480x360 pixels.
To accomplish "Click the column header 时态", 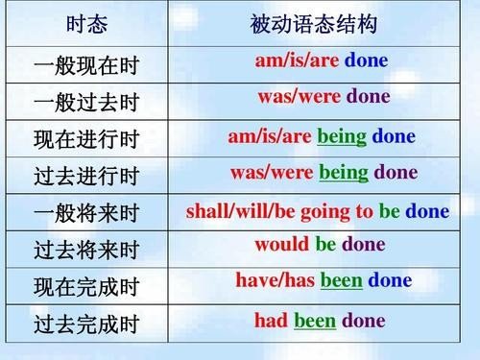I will [x=85, y=22].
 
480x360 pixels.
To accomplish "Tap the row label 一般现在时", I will [x=86, y=66].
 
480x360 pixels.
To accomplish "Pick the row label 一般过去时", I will [x=86, y=103].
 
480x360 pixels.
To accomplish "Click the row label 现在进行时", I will [x=86, y=140].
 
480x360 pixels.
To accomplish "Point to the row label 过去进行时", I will [x=86, y=177].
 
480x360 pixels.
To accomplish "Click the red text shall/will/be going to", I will [x=279, y=209].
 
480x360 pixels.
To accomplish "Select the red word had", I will [x=271, y=320].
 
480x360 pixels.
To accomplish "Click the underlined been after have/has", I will [x=341, y=280].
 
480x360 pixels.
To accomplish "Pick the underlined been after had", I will [x=315, y=320].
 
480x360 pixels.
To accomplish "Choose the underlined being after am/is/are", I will [x=342, y=135].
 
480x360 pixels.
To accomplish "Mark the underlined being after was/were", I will [x=344, y=173].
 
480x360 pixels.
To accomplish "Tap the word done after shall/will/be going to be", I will [x=427, y=209].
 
